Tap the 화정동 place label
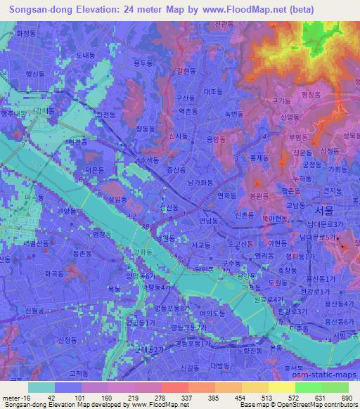(x=25, y=32)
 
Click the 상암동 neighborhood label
(x=117, y=200)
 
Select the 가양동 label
(x=65, y=210)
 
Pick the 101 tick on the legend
(x=71, y=398)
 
